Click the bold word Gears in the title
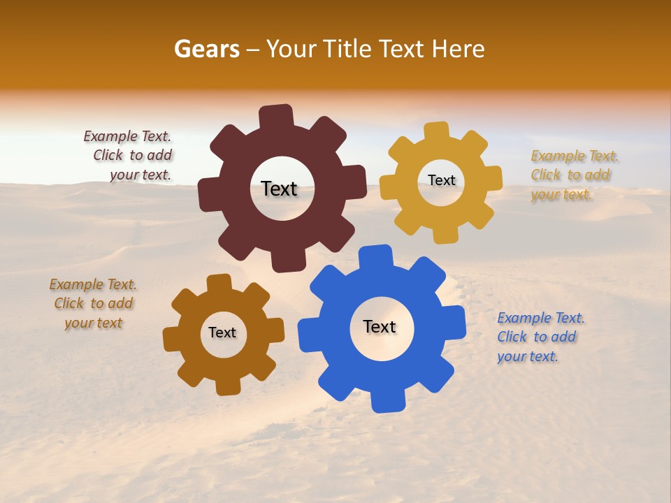tap(206, 49)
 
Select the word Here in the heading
tap(459, 49)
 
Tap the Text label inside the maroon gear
tap(279, 189)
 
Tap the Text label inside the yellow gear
tap(441, 180)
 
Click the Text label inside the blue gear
tap(380, 326)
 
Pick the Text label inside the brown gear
tap(222, 333)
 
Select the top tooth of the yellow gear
tap(436, 131)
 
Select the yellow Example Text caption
tap(575, 175)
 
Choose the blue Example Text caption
tap(540, 337)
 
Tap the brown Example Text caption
tap(93, 303)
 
